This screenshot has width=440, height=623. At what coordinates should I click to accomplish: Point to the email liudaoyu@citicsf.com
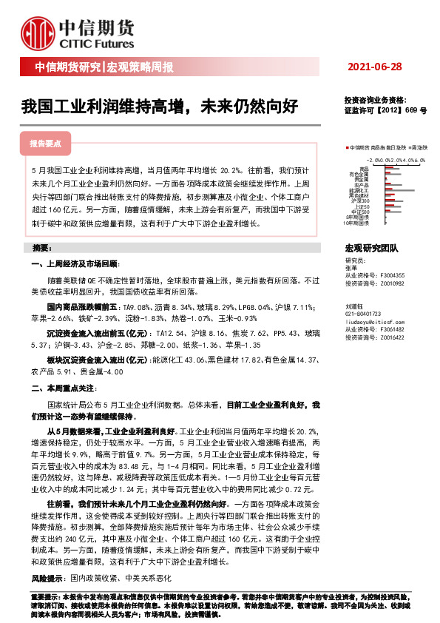372,323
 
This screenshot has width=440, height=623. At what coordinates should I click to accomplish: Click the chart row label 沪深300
361,201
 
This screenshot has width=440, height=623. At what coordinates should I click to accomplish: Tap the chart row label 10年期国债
358,222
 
